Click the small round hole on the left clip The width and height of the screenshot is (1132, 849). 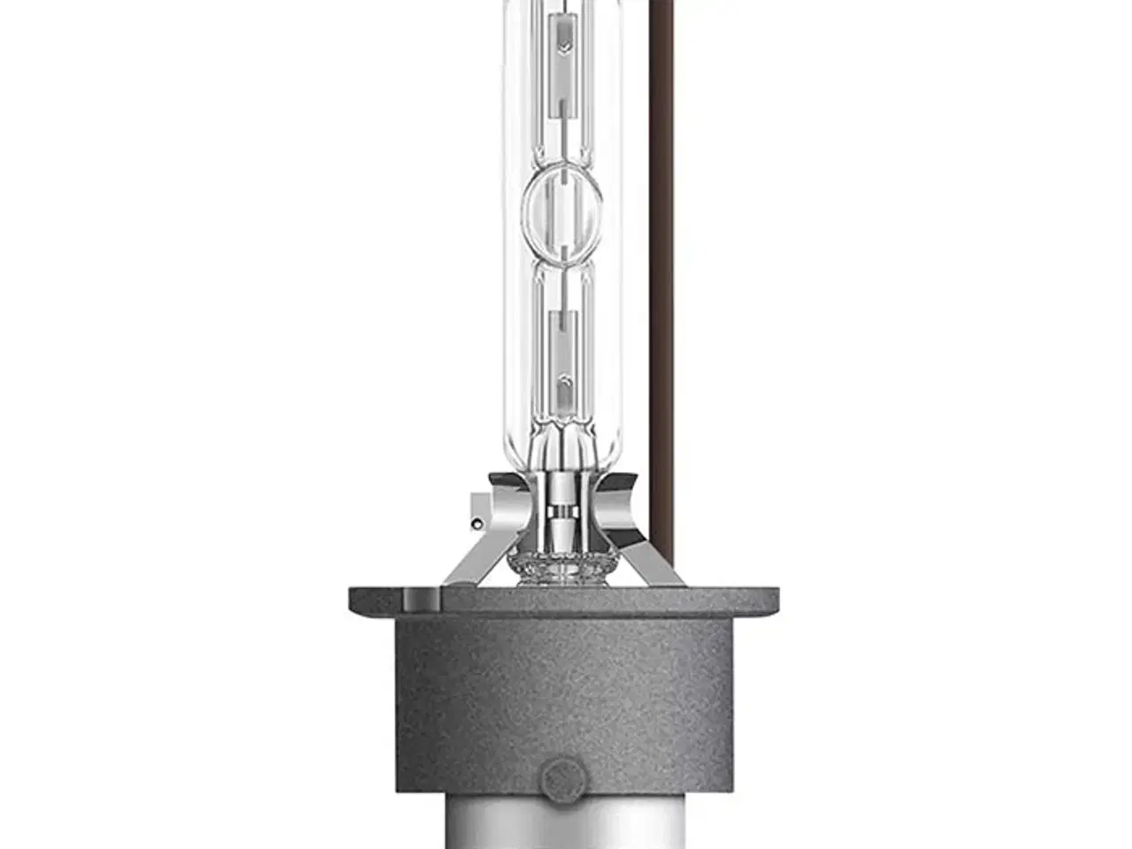[477, 524]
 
